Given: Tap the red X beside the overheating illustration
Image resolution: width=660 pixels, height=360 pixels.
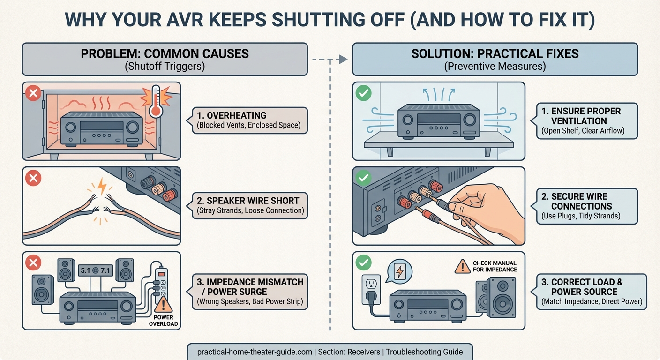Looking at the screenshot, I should click(34, 94).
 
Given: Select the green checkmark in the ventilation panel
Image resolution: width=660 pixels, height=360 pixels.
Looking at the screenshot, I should click(364, 93).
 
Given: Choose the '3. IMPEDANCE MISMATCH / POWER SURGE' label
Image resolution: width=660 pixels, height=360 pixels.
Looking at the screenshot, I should click(250, 291).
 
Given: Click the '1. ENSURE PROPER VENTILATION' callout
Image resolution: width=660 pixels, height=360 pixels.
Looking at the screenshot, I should click(586, 120).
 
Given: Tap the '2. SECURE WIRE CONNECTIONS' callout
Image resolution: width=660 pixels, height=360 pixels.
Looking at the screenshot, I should click(586, 206).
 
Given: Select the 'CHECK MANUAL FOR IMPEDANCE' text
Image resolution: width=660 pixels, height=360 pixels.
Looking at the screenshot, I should click(495, 266).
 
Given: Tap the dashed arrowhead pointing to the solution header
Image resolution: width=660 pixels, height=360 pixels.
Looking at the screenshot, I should click(343, 59).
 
